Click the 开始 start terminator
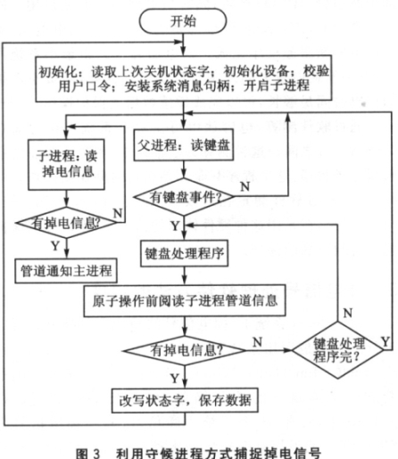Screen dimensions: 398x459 pyautogui.click(x=183, y=20)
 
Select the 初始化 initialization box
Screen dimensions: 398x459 pyautogui.click(x=184, y=78)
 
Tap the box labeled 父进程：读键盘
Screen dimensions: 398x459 pyautogui.click(x=184, y=145)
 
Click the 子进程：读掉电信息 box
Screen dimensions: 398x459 pyautogui.click(x=66, y=165)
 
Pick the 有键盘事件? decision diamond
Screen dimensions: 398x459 pyautogui.click(x=184, y=197)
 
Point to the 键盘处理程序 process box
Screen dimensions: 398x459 pyautogui.click(x=185, y=253)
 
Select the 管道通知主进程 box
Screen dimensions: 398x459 pyautogui.click(x=66, y=271)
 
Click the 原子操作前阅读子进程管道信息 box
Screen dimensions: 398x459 pyautogui.click(x=185, y=301)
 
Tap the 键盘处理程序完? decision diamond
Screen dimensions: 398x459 pyautogui.click(x=338, y=350)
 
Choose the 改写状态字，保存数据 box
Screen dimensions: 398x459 pyautogui.click(x=185, y=400)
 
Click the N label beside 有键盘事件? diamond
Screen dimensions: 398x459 pyautogui.click(x=245, y=186)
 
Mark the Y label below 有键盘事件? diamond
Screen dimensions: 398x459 pyautogui.click(x=175, y=226)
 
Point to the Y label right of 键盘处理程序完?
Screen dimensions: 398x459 pyautogui.click(x=386, y=342)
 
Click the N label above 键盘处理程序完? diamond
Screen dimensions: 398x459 pyautogui.click(x=348, y=313)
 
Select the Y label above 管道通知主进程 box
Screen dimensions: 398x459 pyautogui.click(x=55, y=246)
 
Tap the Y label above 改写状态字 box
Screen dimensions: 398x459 pyautogui.click(x=175, y=379)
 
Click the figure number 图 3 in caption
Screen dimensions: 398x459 pyautogui.click(x=88, y=454)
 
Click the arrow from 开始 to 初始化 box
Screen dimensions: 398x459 pyautogui.click(x=184, y=45)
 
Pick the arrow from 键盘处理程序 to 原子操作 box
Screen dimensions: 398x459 pyautogui.click(x=185, y=276)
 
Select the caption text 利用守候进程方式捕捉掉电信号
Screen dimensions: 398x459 pyautogui.click(x=219, y=454)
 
